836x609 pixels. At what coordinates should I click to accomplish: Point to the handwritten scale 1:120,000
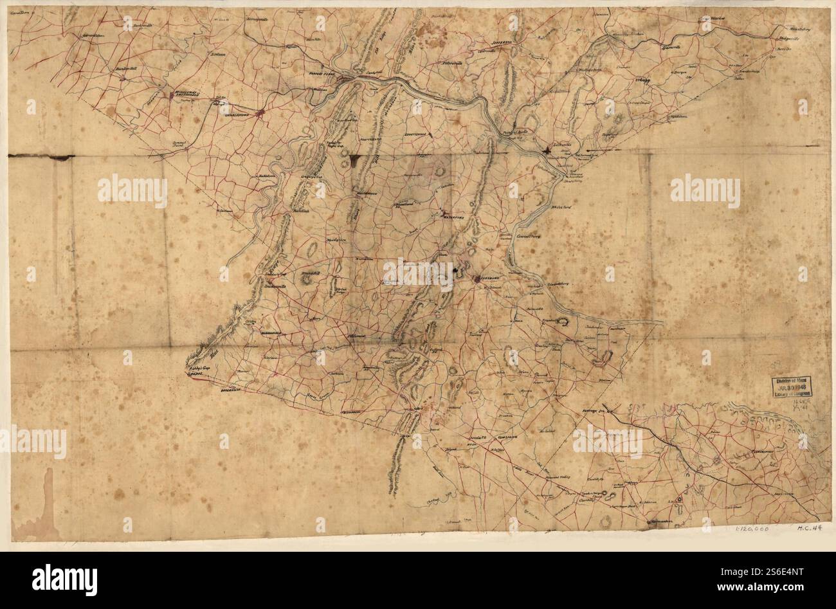click(x=752, y=529)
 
